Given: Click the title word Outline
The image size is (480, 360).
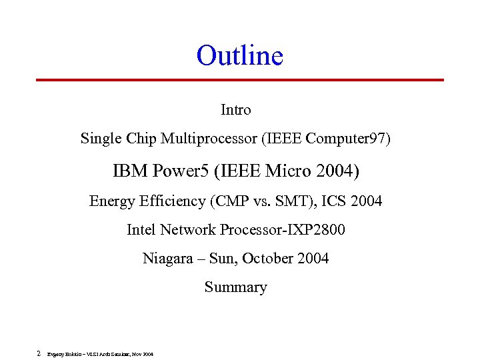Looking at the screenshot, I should [239, 55].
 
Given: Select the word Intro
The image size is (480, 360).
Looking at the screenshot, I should [235, 109].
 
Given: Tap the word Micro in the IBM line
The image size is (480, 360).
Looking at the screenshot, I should [286, 171].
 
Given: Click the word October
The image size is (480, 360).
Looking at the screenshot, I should [268, 259].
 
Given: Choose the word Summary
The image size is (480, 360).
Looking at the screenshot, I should [235, 287].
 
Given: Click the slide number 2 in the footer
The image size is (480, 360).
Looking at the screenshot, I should [39, 353].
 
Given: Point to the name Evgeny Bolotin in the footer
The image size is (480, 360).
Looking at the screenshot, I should [63, 354].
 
